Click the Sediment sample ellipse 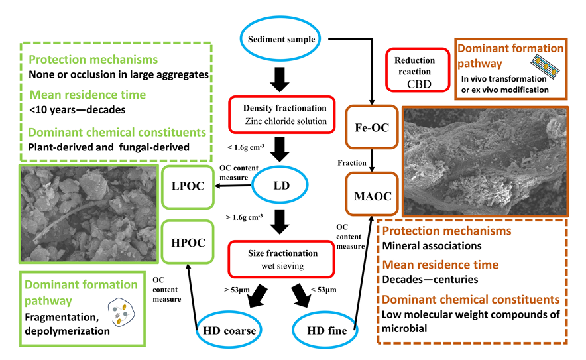(x=281, y=39)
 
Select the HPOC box (x=186, y=241)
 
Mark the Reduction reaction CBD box (x=414, y=69)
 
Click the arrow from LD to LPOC (x=232, y=188)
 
